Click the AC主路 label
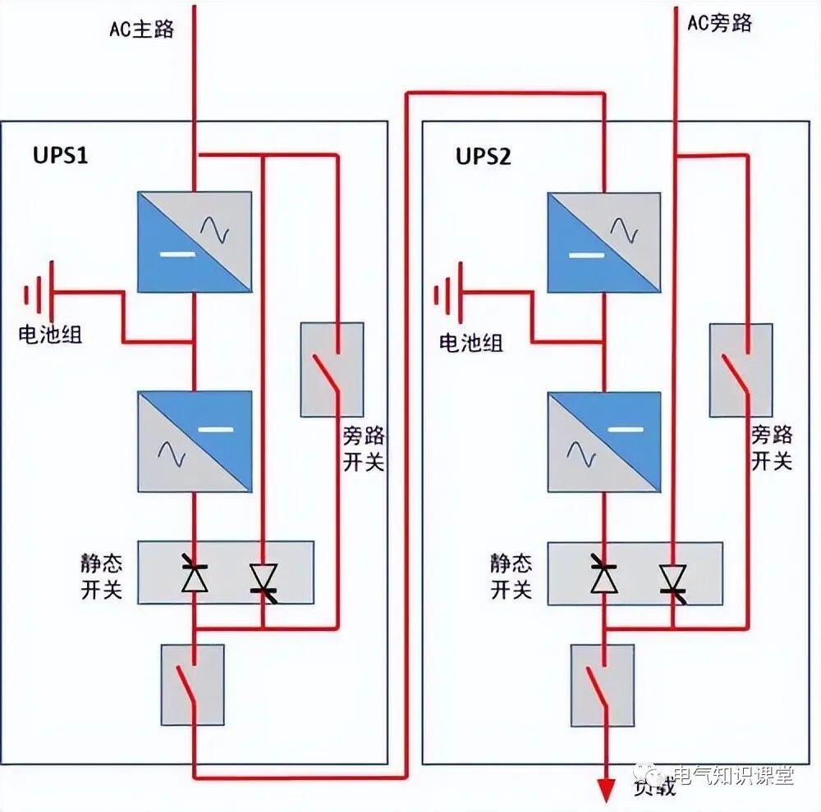click(x=142, y=29)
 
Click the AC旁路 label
click(x=719, y=23)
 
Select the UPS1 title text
click(x=60, y=156)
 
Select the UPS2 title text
click(x=484, y=156)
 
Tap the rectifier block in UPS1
click(x=195, y=242)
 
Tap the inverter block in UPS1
click(x=195, y=442)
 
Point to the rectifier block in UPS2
click(x=604, y=242)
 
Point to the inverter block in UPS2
click(x=604, y=442)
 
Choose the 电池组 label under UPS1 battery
click(x=51, y=335)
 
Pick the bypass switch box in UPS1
click(x=333, y=369)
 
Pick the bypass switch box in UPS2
click(x=741, y=370)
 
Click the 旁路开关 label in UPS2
click(x=772, y=448)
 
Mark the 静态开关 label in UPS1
click(x=101, y=577)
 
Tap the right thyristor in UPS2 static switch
click(x=673, y=577)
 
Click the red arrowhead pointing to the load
click(x=606, y=791)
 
